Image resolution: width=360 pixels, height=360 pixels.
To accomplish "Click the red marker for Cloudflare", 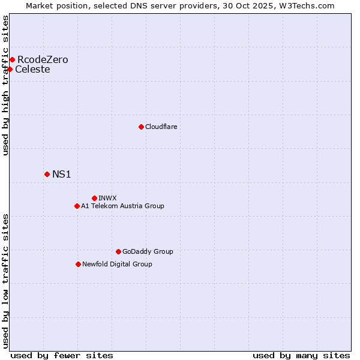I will coord(141,127).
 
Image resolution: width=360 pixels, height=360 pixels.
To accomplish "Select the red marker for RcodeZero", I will coord(12,59).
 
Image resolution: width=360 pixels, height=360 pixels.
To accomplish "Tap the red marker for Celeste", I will coord(10,69).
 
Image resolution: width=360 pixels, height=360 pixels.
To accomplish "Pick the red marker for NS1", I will coord(47,174).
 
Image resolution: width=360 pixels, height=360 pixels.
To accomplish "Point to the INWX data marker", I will coord(94,198).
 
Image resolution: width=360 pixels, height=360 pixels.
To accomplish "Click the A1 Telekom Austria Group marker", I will coord(77,206).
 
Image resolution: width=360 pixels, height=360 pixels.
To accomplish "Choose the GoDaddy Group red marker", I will coord(118,251).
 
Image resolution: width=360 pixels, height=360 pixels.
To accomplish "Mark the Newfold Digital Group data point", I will coord(78,264).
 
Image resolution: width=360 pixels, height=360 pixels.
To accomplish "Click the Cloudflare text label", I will coord(161,127).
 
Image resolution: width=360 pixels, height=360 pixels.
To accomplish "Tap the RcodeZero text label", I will coord(43,59).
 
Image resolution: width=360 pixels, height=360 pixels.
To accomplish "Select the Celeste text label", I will coord(32,69).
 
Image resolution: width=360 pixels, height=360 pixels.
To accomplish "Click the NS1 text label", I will coord(62,174).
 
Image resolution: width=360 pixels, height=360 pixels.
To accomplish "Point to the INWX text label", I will coord(107,198).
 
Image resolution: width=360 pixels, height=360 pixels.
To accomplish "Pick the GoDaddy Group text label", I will coord(148,251).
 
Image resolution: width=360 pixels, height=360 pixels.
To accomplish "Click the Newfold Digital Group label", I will coord(117,264).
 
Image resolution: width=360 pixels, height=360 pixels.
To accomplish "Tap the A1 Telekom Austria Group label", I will coord(122,206).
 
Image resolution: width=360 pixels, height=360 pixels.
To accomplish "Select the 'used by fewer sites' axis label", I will coord(62,355).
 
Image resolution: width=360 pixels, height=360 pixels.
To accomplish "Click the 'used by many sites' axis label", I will coord(301,355).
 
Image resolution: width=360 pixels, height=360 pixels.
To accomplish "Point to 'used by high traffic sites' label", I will coord(5,85).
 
